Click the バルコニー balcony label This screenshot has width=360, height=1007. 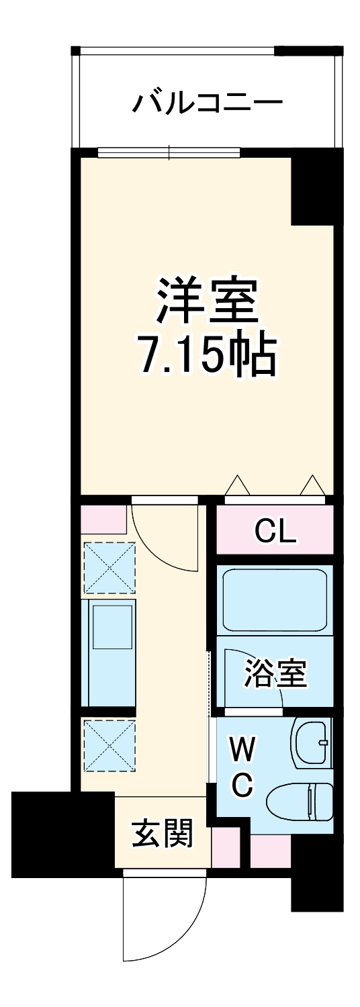[206, 103]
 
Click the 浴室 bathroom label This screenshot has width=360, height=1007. [275, 674]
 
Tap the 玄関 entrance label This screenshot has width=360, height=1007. [162, 834]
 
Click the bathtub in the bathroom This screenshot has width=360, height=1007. [275, 599]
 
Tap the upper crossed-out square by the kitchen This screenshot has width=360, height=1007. [109, 568]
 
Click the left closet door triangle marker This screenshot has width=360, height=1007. [236, 484]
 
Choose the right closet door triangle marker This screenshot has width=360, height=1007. [312, 484]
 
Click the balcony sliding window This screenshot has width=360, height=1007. [169, 152]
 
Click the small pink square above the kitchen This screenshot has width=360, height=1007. [103, 520]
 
